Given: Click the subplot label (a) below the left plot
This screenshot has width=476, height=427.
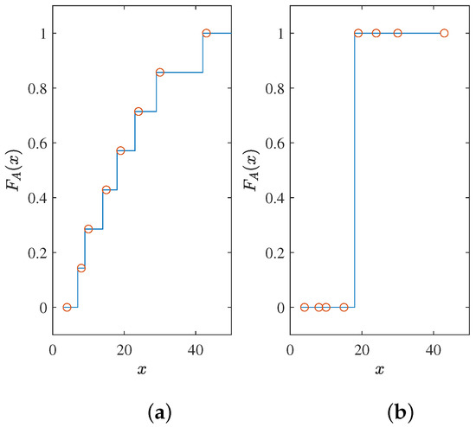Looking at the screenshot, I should point(142,411).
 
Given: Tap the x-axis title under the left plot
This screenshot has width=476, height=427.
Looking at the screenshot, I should point(142,370).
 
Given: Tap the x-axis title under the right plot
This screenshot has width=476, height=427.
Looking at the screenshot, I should point(379,370).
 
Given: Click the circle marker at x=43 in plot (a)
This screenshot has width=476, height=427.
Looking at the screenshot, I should point(206,33).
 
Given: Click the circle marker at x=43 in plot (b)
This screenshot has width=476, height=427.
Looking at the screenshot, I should point(444,33).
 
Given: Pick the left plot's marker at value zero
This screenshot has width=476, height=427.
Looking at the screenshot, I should point(67,307).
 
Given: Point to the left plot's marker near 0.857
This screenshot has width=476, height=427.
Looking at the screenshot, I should point(159,73).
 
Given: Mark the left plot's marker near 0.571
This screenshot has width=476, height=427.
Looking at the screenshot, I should point(120,150).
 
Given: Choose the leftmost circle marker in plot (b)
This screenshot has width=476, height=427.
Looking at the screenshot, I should point(305,307).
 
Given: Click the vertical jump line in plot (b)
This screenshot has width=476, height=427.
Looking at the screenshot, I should point(355,173).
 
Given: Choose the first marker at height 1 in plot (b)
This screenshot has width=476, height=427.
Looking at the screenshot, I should point(358,33).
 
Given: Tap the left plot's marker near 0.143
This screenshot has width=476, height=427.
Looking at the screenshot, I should point(81,268).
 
